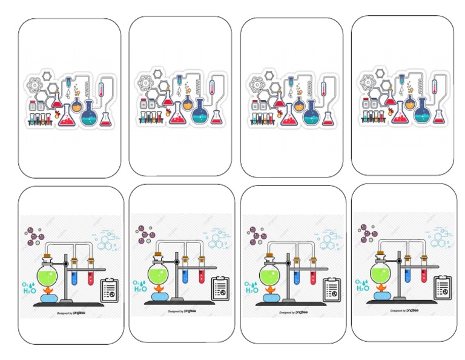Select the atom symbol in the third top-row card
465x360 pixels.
pos(256,84)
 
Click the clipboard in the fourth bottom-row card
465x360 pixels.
pos(443,287)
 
